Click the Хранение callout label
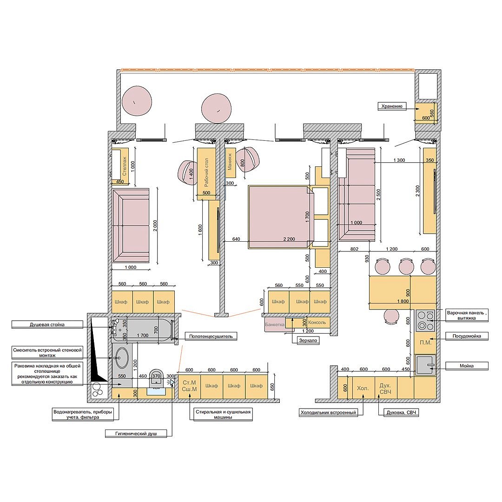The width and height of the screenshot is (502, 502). pos(391,106)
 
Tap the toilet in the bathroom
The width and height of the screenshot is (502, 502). pos(157,379)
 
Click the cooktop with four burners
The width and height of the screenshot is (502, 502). pos(425,321)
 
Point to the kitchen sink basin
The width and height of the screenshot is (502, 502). pos(425,365)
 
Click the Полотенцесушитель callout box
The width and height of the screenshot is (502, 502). pos(211,336)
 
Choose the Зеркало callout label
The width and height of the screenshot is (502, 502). pos(308,340)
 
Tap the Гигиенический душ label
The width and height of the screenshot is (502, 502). pos(136,434)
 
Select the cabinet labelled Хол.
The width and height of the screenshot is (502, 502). pos(363,388)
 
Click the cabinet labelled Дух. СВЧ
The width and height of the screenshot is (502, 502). pos(385,388)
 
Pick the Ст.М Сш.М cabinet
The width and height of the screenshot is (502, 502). pos(189,386)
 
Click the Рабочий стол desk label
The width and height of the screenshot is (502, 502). pos(206,172)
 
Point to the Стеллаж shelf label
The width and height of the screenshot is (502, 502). pos(125,165)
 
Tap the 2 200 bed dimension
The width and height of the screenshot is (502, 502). pos(289,239)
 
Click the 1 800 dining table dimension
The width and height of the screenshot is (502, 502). pos(403,301)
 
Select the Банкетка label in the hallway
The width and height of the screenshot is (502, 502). pos(275,324)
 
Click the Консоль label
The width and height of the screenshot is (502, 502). pos(317,323)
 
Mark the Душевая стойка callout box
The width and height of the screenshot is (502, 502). pos(47,324)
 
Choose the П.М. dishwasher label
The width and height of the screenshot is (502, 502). pos(425,342)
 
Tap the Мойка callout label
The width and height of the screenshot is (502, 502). pos(467,366)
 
